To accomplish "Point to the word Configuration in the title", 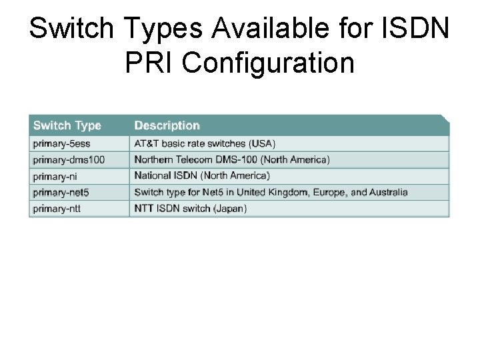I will [268, 63].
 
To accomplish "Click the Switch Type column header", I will [67, 125].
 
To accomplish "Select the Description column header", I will [167, 125].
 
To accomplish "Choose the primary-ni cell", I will [55, 176].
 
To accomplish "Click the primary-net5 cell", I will [60, 192].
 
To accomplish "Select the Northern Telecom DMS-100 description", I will [231, 160].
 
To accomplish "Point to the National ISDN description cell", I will [202, 176].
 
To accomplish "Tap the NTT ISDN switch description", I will [191, 209].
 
